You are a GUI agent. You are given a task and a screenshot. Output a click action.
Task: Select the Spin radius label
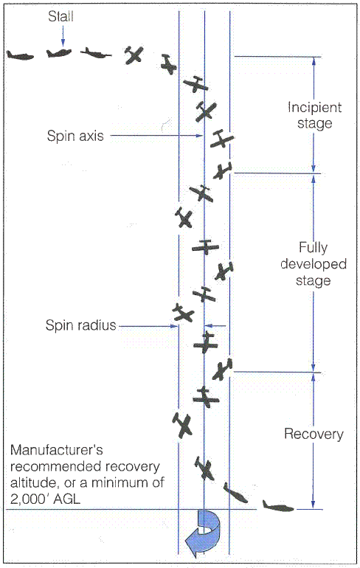80,325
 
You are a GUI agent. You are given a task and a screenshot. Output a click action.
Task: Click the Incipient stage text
309,115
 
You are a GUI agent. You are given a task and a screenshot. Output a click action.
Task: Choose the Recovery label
314,434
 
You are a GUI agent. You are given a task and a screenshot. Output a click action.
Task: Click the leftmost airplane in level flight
20,55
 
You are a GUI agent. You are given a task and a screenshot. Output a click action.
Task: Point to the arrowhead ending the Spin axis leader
199,136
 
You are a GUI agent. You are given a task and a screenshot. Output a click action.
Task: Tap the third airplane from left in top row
97,52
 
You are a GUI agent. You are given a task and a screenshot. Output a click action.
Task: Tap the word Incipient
309,107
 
